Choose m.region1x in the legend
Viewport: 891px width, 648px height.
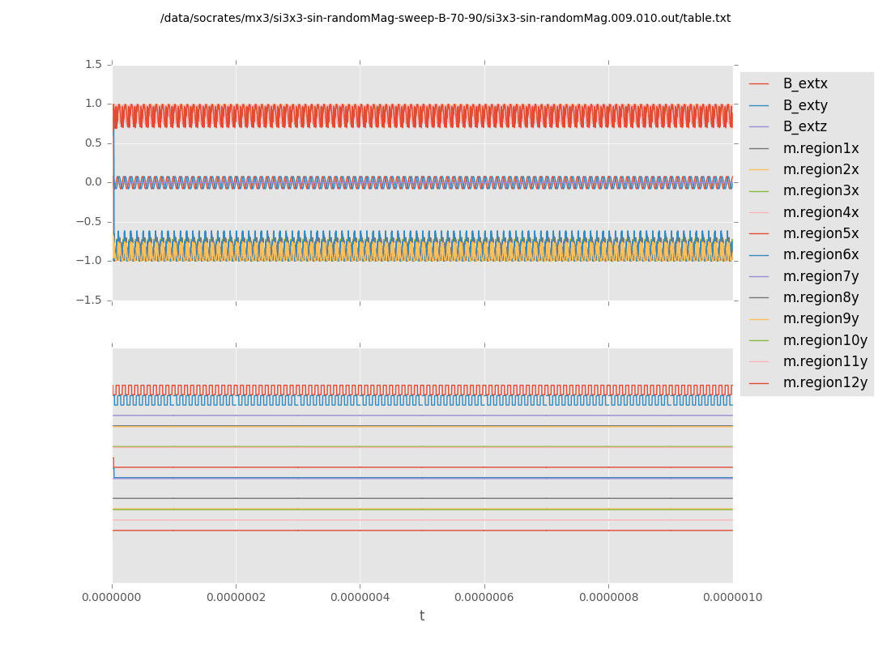821,148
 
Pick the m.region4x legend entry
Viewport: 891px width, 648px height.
821,212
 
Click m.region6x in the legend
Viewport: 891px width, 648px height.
821,254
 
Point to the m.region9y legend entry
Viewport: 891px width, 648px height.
821,318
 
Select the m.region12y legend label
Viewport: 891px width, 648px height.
825,382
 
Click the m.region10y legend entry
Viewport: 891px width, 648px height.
825,340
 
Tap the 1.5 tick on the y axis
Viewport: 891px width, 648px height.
93,64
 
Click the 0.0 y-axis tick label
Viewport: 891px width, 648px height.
93,182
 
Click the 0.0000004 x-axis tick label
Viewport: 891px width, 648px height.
360,598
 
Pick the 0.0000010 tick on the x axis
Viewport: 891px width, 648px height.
732,598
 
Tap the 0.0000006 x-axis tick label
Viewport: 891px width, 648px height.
484,598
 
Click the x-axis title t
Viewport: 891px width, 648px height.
422,616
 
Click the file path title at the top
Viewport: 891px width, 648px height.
446,18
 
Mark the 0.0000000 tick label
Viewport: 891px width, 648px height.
112,598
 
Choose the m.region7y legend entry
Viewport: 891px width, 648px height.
821,276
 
